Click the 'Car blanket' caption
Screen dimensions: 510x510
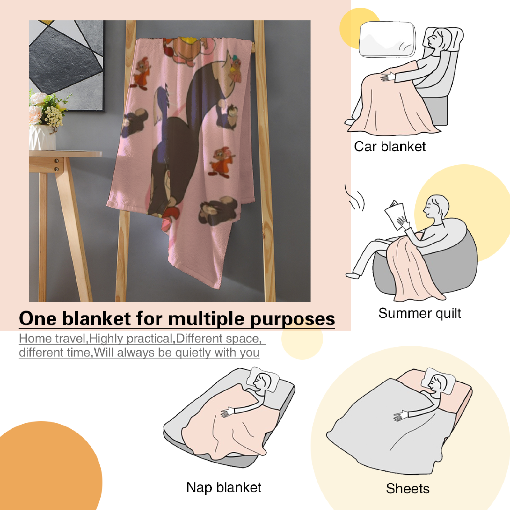[x=390, y=147]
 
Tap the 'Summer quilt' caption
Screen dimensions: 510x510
[x=419, y=313]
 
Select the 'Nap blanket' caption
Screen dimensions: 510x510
[x=224, y=487]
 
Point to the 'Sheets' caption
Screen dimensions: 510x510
[x=408, y=488]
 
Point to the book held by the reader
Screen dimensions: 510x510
[x=395, y=214]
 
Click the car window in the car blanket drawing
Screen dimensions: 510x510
[x=387, y=39]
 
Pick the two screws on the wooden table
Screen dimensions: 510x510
[x=56, y=164]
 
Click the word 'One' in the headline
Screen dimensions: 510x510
[x=37, y=318]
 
